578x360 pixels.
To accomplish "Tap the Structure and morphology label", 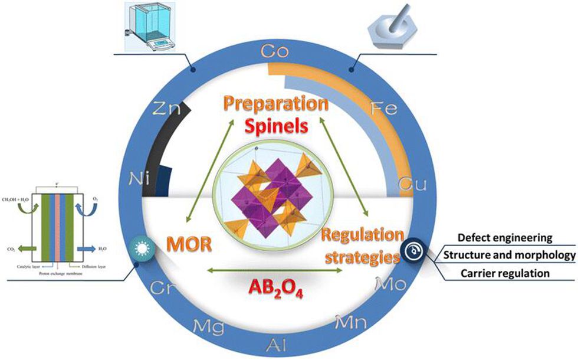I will [509, 256].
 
